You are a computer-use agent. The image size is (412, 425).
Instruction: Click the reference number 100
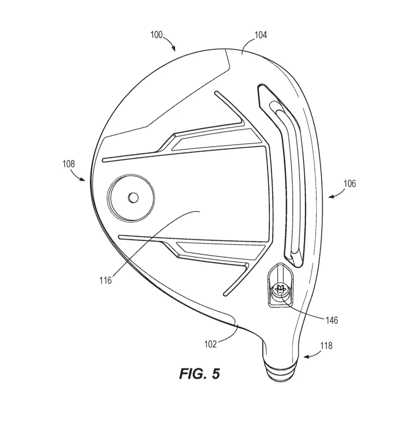click(156, 35)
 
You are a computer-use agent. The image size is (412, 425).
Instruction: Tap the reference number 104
click(261, 35)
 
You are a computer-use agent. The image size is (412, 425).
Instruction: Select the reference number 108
click(69, 164)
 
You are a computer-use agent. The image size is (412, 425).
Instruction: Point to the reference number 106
click(350, 183)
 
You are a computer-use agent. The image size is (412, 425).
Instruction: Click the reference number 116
click(106, 280)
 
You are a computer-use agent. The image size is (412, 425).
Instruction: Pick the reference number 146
click(332, 320)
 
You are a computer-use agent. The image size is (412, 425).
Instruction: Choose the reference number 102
click(211, 344)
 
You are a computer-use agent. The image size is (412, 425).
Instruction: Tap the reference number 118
click(326, 346)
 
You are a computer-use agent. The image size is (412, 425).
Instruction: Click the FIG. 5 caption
click(199, 374)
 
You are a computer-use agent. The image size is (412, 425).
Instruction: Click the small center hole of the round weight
click(133, 198)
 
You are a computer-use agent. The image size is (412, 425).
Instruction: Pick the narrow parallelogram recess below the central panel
click(221, 249)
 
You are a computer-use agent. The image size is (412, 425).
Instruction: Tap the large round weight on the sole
click(131, 197)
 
